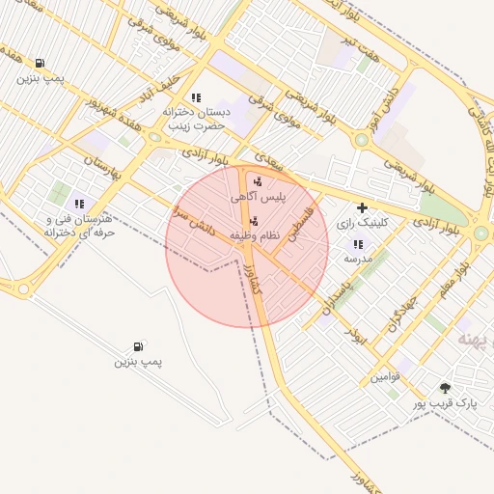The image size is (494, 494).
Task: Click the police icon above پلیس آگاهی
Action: (257, 180)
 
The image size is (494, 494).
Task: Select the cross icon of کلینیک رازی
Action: (362, 207)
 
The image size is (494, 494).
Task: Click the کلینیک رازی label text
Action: (361, 223)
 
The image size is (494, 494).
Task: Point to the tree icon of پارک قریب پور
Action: (445, 388)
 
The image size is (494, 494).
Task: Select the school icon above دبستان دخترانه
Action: (196, 97)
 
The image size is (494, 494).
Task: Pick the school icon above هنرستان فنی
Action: (79, 204)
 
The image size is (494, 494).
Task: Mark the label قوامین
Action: (385, 375)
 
